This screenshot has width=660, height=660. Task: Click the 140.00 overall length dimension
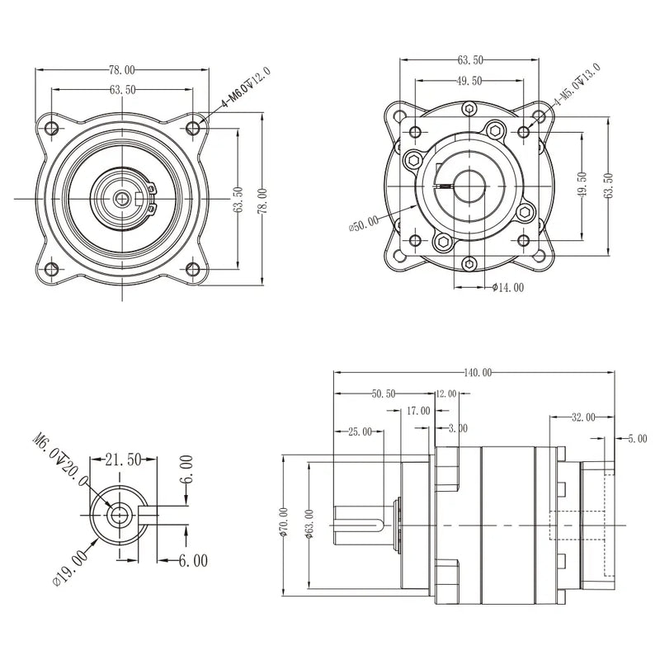click(x=477, y=373)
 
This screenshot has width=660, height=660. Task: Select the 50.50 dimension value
click(x=384, y=394)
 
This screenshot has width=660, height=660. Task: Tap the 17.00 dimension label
click(x=418, y=410)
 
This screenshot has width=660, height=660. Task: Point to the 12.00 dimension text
click(x=445, y=394)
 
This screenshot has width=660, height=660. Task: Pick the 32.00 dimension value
click(x=582, y=417)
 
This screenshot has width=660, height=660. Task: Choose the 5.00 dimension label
click(x=637, y=439)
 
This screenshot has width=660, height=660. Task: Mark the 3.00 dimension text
click(x=457, y=428)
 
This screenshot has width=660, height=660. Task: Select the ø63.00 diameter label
click(x=306, y=525)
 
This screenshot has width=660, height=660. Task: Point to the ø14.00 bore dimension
click(x=507, y=287)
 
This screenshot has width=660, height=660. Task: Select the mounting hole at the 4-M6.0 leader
click(x=193, y=127)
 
